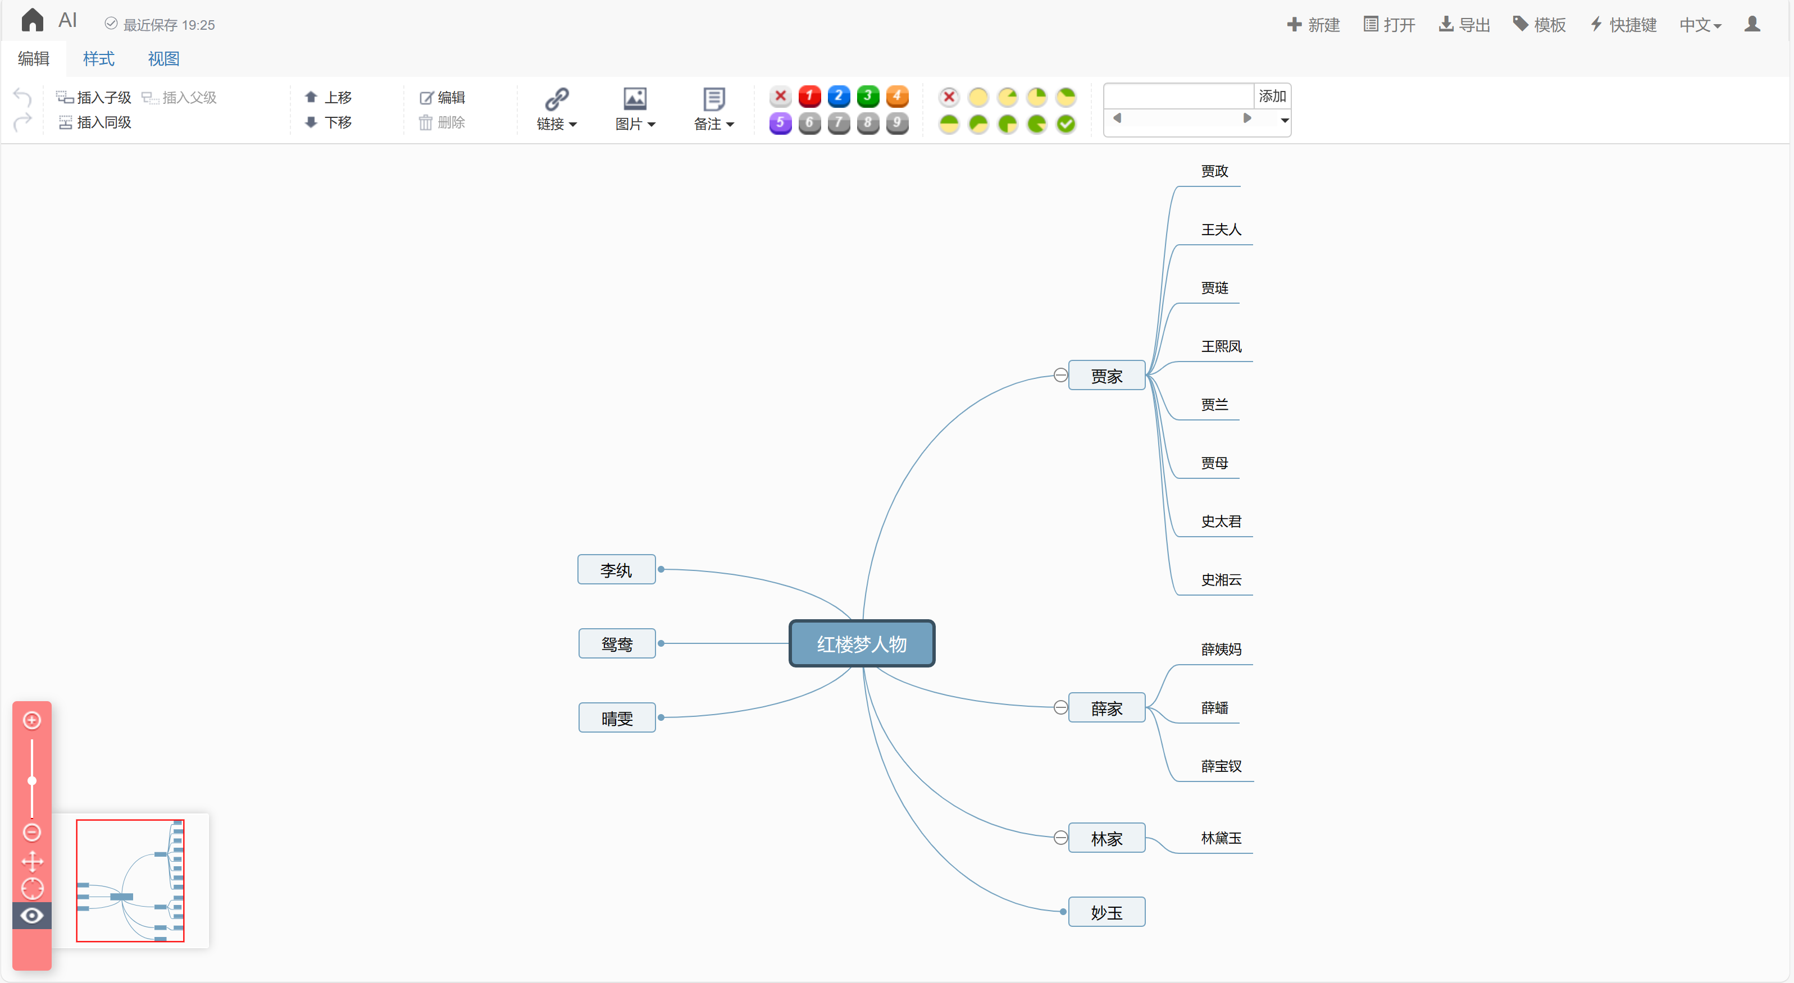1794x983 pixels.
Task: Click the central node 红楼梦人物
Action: click(x=862, y=643)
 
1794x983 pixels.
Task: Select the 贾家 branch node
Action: click(x=1107, y=376)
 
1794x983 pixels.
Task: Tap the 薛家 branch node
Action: click(x=1107, y=708)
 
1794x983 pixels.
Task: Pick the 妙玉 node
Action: click(x=1107, y=912)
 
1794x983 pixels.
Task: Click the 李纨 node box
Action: click(x=616, y=569)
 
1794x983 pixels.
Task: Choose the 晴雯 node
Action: click(x=617, y=718)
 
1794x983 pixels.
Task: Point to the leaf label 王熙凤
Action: click(x=1221, y=346)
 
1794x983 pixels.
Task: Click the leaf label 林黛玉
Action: click(x=1221, y=838)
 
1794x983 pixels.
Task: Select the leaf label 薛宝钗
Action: click(x=1221, y=766)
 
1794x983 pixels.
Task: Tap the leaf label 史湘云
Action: click(x=1221, y=579)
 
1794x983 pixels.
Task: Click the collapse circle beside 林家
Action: click(x=1060, y=838)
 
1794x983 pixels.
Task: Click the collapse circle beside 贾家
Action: click(x=1060, y=375)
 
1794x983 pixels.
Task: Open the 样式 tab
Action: click(x=98, y=58)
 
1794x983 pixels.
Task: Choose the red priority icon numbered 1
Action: click(x=809, y=96)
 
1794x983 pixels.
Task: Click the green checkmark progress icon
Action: click(x=1066, y=124)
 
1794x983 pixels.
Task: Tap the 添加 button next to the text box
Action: click(x=1272, y=96)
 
